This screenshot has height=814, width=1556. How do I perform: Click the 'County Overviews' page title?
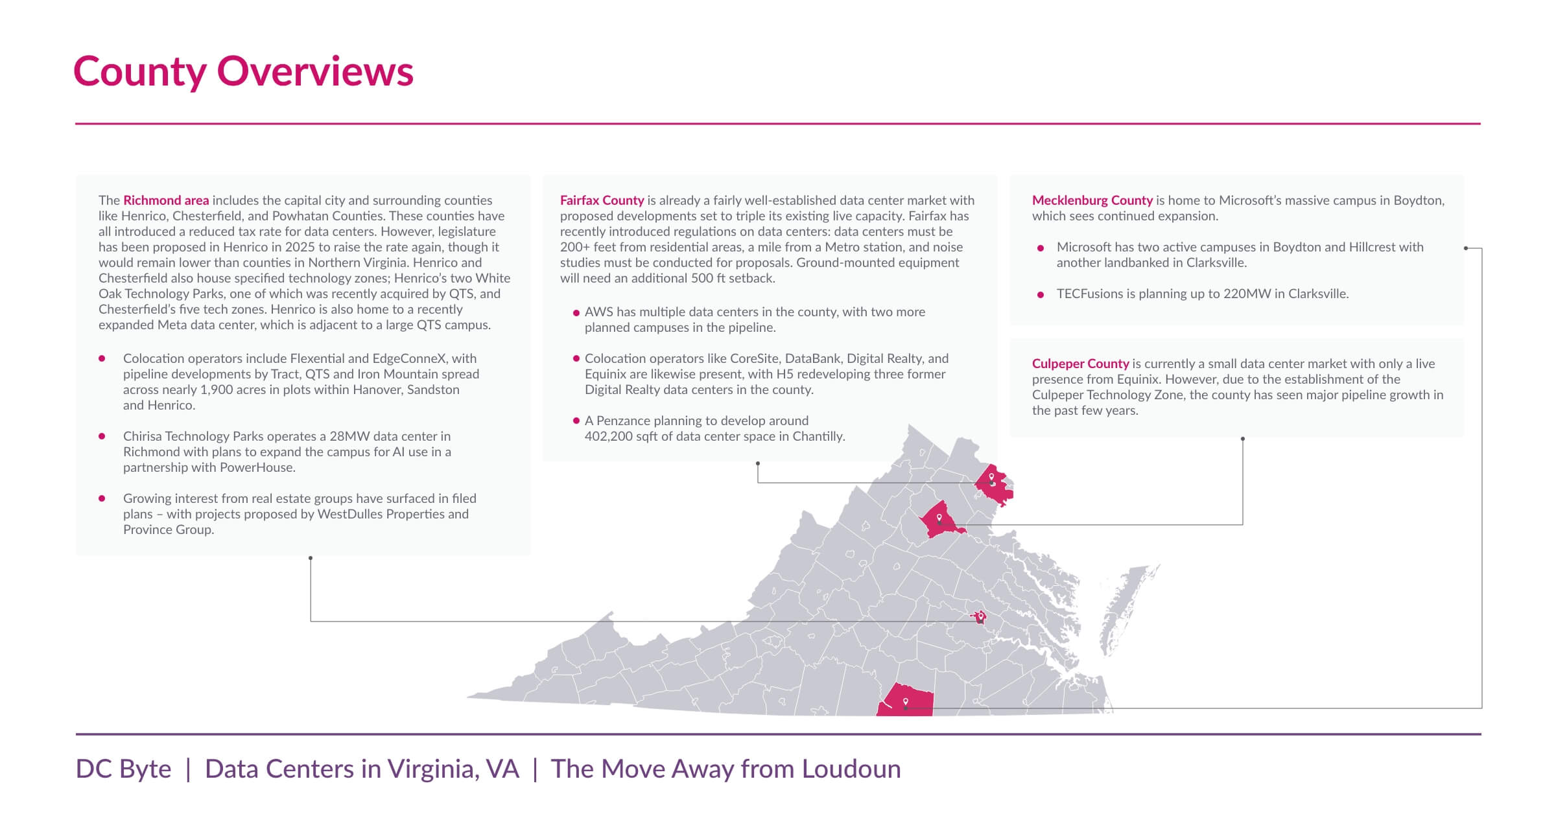tap(243, 71)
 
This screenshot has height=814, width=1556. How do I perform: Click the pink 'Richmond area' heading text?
tap(166, 200)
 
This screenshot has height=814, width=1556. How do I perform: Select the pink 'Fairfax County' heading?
tap(602, 200)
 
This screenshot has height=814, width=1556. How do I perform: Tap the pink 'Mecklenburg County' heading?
tap(1092, 200)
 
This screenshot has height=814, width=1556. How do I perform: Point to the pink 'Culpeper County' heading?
tap(1080, 364)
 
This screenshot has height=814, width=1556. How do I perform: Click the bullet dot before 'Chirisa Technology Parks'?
tap(102, 436)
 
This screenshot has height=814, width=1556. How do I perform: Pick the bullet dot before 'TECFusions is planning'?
tap(1041, 294)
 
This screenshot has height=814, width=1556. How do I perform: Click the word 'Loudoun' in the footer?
tap(851, 769)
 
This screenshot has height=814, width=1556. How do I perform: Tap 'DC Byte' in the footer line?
tap(123, 769)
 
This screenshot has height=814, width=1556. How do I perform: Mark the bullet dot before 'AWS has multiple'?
tap(576, 312)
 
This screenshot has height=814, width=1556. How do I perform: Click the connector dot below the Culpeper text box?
tap(1242, 439)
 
